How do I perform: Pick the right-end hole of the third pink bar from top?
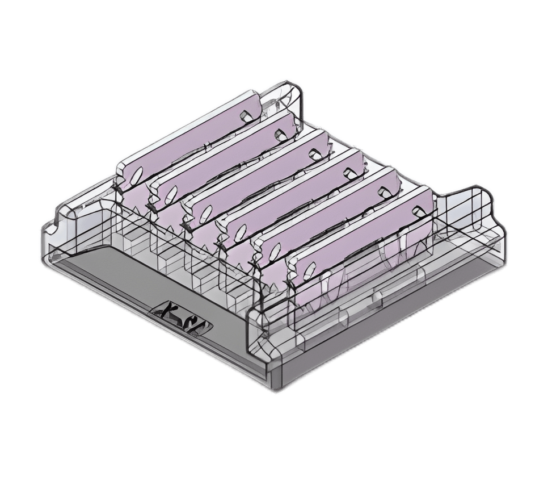[313, 153]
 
